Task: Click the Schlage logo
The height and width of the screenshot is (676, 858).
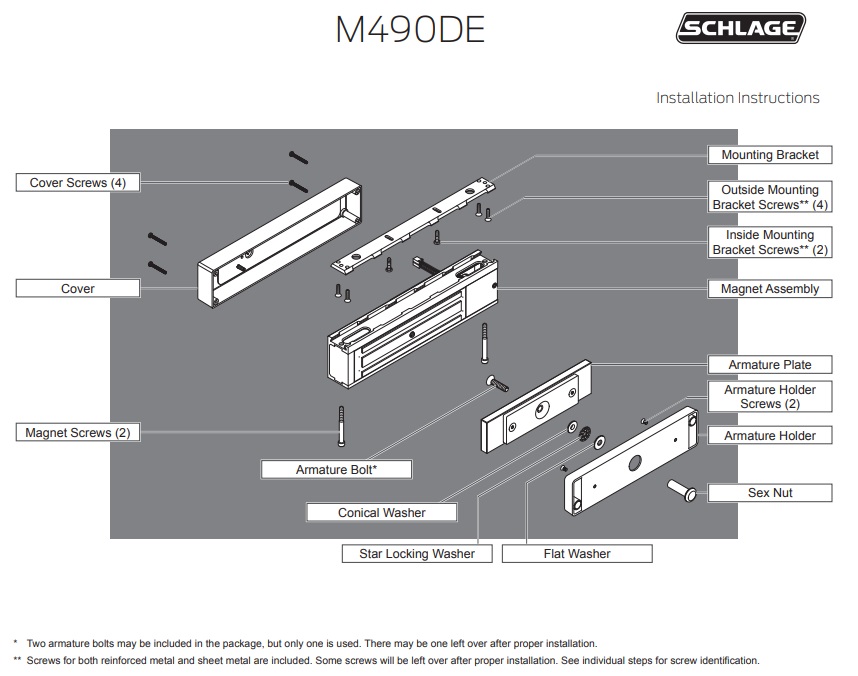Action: click(741, 30)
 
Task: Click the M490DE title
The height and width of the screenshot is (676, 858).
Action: click(409, 31)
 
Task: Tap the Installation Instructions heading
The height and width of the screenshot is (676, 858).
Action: click(737, 98)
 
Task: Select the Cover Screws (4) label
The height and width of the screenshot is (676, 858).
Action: click(77, 183)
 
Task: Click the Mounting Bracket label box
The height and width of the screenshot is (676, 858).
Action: click(769, 155)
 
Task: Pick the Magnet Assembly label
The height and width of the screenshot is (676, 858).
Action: click(769, 289)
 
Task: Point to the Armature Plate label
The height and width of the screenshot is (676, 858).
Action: click(769, 365)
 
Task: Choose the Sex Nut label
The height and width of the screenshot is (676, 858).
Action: click(769, 493)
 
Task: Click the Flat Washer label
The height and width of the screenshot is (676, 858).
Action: click(576, 553)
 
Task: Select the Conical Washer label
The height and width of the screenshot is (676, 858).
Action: click(381, 513)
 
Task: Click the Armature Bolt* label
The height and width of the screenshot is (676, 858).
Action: click(336, 469)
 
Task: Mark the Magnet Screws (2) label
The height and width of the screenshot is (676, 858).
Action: click(77, 433)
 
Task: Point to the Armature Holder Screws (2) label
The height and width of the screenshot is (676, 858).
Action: click(769, 397)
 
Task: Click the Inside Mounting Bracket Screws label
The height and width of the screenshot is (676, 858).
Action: click(769, 242)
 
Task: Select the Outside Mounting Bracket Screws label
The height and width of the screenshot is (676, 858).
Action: click(769, 197)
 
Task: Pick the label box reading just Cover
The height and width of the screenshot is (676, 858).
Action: click(77, 289)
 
